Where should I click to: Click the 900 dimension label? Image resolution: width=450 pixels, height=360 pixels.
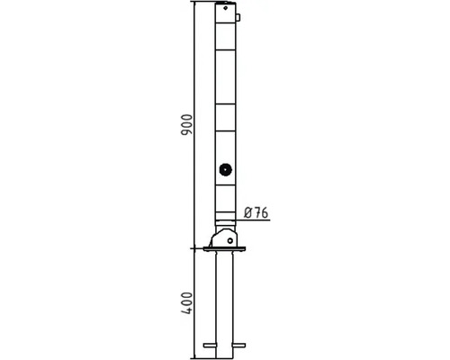pyautogui.click(x=186, y=124)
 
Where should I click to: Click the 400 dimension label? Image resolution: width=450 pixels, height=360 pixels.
pyautogui.click(x=186, y=303)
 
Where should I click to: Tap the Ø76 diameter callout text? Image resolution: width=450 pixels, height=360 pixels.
pyautogui.click(x=256, y=212)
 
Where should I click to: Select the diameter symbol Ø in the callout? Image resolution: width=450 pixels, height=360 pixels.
pyautogui.click(x=248, y=212)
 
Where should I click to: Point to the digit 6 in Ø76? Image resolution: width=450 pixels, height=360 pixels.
pyautogui.click(x=265, y=212)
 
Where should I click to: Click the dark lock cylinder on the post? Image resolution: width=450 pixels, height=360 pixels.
pyautogui.click(x=225, y=170)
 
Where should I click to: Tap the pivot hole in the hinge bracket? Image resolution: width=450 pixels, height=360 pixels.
pyautogui.click(x=230, y=240)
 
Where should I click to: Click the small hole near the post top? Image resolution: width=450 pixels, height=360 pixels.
pyautogui.click(x=225, y=8)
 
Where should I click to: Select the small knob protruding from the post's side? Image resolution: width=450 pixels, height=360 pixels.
pyautogui.click(x=238, y=17)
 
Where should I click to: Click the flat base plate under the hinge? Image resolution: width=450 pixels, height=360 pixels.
pyautogui.click(x=224, y=249)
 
